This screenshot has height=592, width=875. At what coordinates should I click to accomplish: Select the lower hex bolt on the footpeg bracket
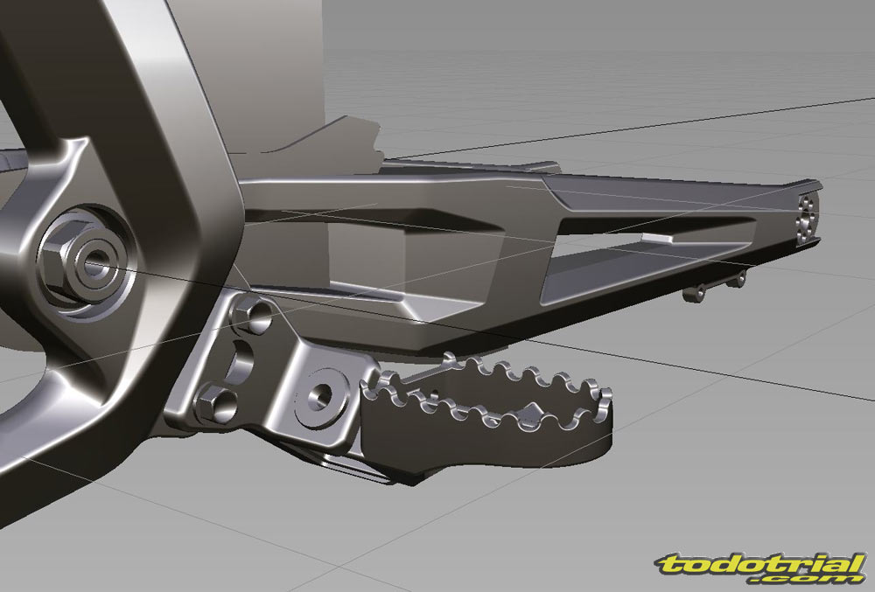pos(217,402)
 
